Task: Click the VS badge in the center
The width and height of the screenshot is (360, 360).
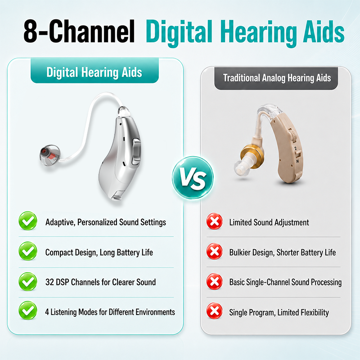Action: [193, 177]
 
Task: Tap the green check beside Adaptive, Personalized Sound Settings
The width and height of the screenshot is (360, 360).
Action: [28, 221]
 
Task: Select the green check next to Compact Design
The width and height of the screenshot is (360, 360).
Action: [28, 251]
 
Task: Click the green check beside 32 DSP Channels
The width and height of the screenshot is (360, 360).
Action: [28, 282]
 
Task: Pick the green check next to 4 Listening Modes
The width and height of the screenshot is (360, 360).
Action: [28, 310]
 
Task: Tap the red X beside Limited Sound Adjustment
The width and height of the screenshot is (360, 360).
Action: [215, 221]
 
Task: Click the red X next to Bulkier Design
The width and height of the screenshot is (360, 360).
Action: [215, 251]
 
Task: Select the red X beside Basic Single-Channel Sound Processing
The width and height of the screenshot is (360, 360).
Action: [215, 281]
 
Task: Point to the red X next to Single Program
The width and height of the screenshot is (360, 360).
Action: [215, 311]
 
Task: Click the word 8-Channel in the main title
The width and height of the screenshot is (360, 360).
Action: [79, 31]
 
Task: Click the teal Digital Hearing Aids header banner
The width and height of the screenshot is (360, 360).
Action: [94, 71]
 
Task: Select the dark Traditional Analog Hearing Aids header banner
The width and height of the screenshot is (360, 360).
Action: [276, 78]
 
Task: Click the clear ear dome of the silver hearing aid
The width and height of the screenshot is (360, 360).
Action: [50, 155]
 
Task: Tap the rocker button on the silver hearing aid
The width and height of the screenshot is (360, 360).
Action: [136, 151]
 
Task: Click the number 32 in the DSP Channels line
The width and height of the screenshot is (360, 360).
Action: [49, 282]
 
